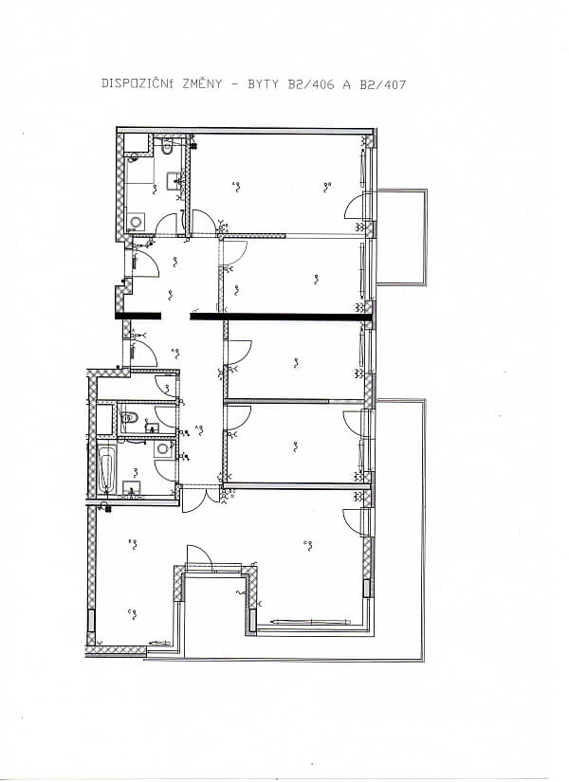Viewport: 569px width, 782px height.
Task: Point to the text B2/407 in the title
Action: point(383,84)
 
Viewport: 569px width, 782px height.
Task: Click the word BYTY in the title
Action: point(261,84)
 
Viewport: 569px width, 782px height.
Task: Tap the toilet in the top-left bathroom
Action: point(166,147)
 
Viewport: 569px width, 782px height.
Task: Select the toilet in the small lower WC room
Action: point(131,417)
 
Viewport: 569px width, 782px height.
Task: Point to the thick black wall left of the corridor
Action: point(139,316)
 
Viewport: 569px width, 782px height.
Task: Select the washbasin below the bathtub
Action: point(131,489)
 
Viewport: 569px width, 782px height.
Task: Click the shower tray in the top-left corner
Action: point(137,145)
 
